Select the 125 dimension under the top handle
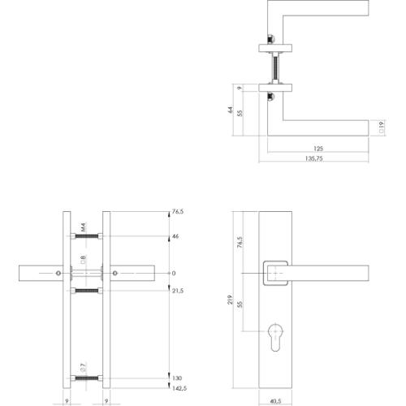click(x=317, y=149)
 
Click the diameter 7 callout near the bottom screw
click(x=82, y=370)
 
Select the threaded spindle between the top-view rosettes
click(x=278, y=64)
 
